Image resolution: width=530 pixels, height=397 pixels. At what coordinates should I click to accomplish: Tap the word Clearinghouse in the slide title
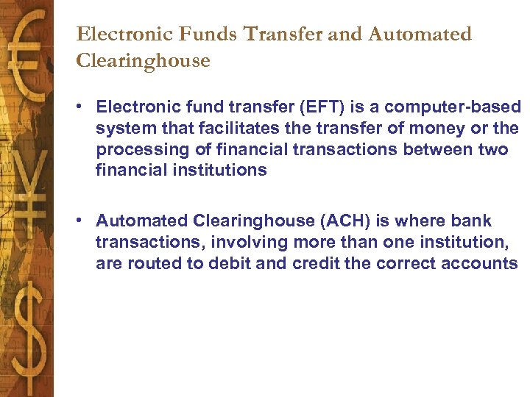click(143, 60)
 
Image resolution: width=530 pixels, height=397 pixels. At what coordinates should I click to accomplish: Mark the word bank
click(472, 221)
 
